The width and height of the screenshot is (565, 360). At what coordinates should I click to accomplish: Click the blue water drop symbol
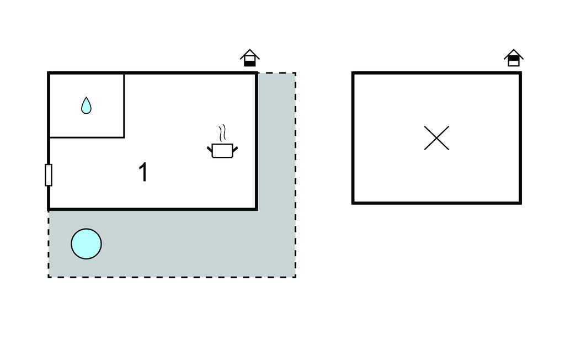[x=86, y=105]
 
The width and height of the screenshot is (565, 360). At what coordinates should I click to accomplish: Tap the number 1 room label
[x=143, y=172]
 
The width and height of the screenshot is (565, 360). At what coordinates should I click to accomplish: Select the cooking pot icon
[x=222, y=150]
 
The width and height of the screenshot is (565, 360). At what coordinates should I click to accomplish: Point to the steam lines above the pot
[x=222, y=133]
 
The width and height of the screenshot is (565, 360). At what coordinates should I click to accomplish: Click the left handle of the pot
[x=210, y=149]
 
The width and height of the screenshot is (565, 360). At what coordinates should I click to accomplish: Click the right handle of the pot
[x=235, y=149]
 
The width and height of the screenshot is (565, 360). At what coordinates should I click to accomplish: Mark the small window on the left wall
[x=49, y=175]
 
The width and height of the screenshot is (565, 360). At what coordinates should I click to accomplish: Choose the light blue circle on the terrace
[x=86, y=244]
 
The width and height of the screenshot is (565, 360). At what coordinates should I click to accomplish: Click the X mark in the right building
[x=436, y=138]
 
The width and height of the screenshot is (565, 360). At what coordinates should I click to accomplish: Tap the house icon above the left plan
[x=249, y=58]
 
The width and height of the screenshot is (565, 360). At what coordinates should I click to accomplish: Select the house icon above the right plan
[x=513, y=58]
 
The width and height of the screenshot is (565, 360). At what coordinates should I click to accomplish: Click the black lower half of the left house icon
[x=249, y=63]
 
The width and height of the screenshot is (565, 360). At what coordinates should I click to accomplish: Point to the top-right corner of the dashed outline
[x=295, y=73]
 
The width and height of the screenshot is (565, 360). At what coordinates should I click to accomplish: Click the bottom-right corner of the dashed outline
[x=295, y=277]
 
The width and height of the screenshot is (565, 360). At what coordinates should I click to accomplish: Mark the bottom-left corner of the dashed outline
[x=49, y=277]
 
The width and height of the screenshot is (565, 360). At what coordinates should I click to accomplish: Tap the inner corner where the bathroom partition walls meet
[x=124, y=137]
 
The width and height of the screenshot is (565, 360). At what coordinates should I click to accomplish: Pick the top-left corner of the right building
[x=353, y=73]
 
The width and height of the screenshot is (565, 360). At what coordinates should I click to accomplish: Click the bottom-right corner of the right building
[x=520, y=203]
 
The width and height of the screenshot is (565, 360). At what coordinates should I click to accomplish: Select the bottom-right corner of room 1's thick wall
[x=257, y=209]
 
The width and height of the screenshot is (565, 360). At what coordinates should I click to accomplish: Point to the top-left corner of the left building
[x=49, y=73]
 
